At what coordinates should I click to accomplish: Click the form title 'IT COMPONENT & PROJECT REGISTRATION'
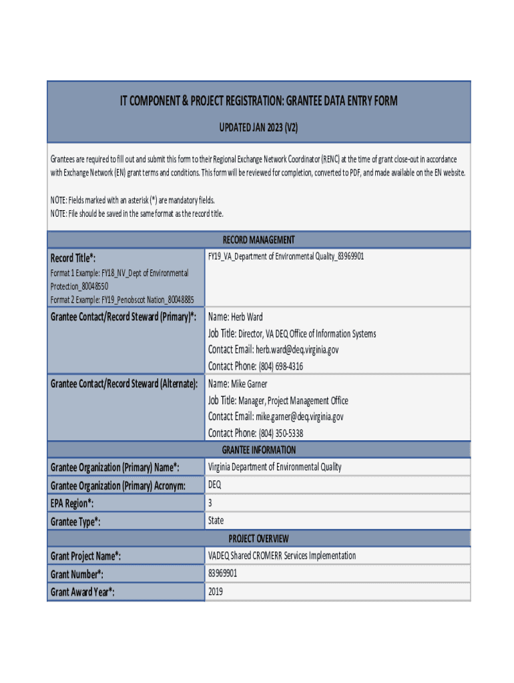coord(258,101)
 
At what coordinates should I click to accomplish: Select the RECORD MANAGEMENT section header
coord(258,239)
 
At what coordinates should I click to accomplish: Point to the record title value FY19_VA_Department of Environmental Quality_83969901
coord(286,256)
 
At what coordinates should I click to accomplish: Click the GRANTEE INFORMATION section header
coord(258,450)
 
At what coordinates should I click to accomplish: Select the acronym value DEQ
coord(215,485)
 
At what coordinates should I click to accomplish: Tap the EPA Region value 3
coord(210,502)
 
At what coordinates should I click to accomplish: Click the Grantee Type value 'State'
coord(216,520)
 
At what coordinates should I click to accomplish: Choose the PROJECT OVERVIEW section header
coord(258,538)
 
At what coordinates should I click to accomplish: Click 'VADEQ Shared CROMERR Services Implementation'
coord(282,556)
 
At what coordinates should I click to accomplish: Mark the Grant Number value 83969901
coord(222,574)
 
